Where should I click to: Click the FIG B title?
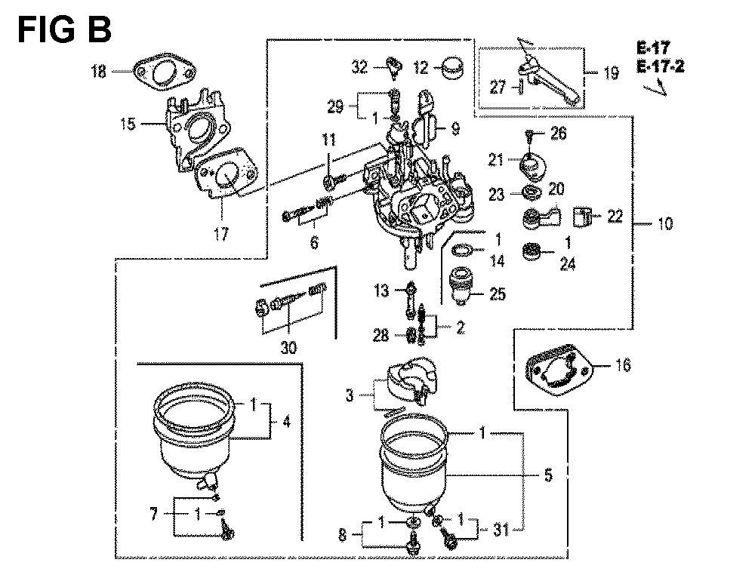tap(65, 31)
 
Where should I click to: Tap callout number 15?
tap(128, 124)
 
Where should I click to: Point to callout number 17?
tap(220, 235)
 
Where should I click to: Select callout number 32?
tap(359, 69)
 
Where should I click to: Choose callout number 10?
tap(665, 224)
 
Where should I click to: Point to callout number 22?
tap(615, 217)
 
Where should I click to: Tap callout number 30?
tap(289, 349)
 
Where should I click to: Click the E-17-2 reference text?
tap(660, 67)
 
